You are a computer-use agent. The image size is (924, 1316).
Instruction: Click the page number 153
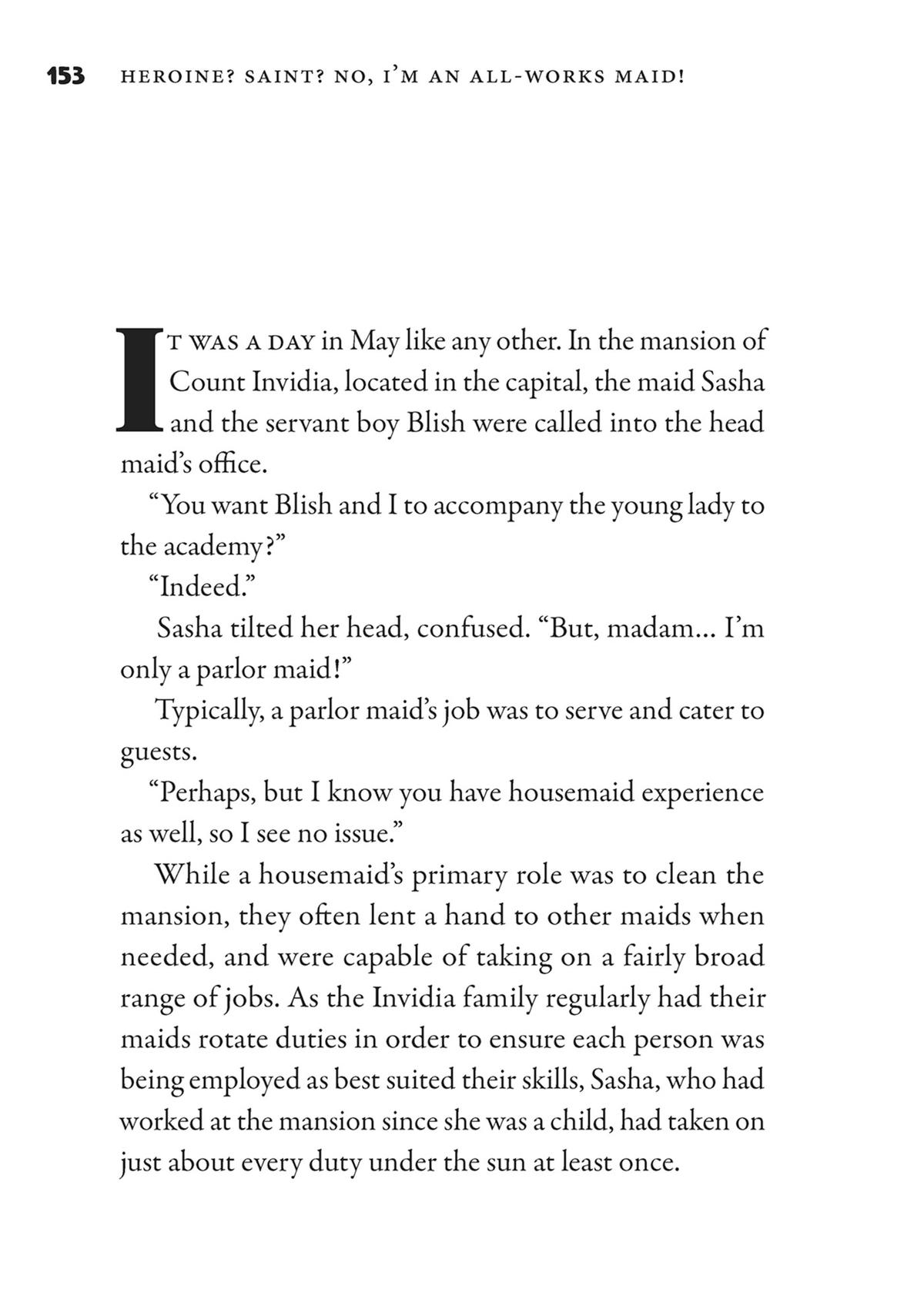(x=65, y=76)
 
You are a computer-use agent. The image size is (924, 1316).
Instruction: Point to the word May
(x=374, y=341)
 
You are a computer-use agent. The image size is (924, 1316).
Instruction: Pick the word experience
(x=702, y=792)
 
